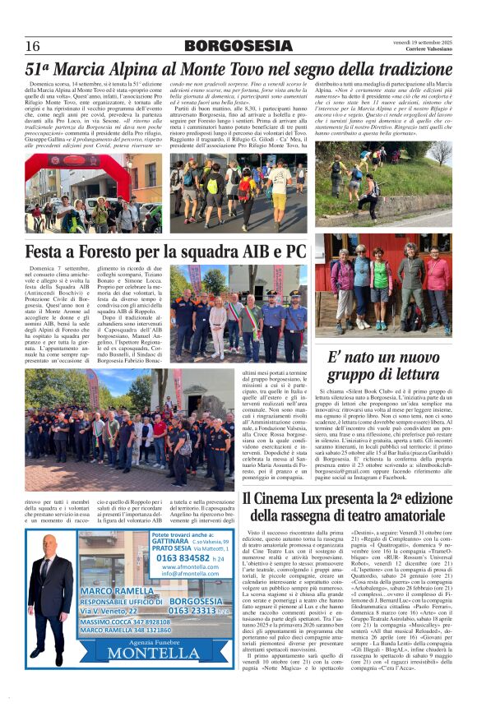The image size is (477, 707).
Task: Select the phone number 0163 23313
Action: click(196, 610)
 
